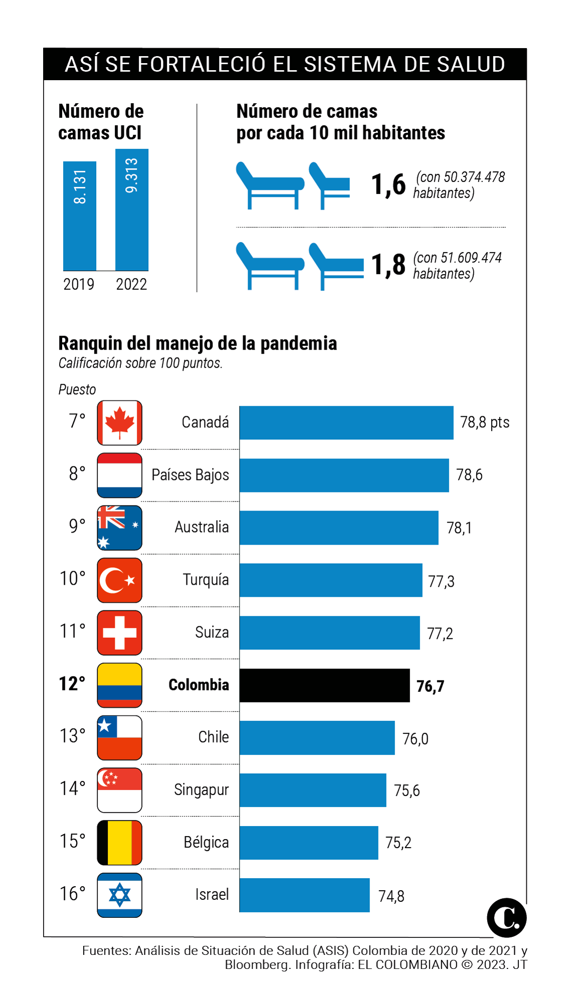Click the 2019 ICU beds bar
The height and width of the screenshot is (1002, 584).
point(80,216)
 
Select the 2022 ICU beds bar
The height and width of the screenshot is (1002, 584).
point(132,210)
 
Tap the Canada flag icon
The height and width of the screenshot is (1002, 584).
point(119,423)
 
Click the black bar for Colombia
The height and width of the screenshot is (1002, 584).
point(324,685)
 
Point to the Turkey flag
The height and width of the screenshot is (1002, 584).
point(119,580)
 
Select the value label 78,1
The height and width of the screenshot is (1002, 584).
point(459,528)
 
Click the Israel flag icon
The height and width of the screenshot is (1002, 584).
point(119,895)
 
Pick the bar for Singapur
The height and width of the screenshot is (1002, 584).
point(313,790)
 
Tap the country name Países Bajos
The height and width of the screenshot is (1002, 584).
point(190,475)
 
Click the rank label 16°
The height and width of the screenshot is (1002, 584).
point(73,894)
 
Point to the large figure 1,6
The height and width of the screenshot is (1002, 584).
point(388,184)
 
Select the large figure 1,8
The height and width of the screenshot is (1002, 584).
point(388,265)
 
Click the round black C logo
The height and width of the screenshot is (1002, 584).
point(506,918)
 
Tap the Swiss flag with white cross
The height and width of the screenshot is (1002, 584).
point(119,633)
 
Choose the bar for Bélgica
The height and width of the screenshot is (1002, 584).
point(309,843)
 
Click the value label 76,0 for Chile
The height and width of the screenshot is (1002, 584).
point(416,739)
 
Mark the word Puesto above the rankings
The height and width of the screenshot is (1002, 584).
point(77,390)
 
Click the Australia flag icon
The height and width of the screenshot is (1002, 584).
point(119,528)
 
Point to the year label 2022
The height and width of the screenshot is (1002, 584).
point(131,285)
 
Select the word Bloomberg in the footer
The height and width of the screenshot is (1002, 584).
point(257,965)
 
